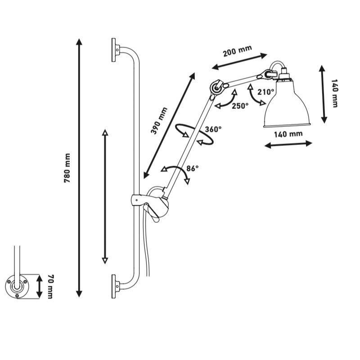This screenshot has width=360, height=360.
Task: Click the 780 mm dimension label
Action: pyautogui.click(x=68, y=168)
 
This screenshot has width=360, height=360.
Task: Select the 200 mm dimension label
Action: pyautogui.click(x=237, y=51)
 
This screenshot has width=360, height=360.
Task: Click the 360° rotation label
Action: pyautogui.click(x=213, y=129)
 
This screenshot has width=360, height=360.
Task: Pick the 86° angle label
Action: pyautogui.click(x=192, y=169)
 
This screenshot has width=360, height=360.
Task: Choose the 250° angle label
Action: pyautogui.click(x=240, y=106)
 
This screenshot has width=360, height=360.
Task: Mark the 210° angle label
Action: pyautogui.click(x=266, y=92)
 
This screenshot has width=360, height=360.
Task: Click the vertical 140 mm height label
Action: pyautogui.click(x=334, y=94)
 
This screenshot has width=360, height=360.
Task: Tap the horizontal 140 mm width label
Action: pyautogui.click(x=288, y=134)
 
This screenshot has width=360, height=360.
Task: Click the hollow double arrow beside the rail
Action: pyautogui.click(x=105, y=197)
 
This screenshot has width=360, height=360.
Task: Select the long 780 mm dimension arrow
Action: pyautogui.click(x=79, y=168)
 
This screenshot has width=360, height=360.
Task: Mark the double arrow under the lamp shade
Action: pyautogui.click(x=288, y=144)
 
